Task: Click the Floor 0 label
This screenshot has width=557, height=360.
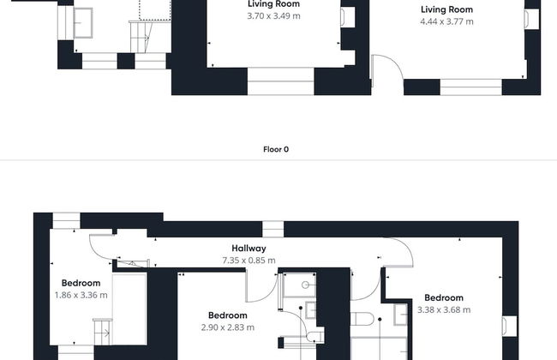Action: coord(276,149)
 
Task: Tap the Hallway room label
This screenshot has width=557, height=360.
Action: coord(249,248)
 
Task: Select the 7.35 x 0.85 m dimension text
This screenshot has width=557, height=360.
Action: coord(249,260)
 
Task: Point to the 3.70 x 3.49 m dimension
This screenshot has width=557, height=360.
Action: coord(273,15)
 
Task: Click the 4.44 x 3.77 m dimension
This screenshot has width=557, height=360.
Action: coord(446,21)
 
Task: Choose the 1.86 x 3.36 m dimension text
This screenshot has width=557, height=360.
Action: coord(81,295)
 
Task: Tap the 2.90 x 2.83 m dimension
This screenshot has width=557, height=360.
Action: coord(228,327)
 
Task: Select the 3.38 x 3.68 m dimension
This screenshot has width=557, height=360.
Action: coord(444,309)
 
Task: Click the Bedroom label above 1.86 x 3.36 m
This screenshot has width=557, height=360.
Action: coord(81,283)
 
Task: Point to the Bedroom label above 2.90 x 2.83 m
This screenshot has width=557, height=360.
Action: coord(228,315)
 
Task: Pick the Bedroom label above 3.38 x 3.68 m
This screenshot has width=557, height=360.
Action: coord(444,297)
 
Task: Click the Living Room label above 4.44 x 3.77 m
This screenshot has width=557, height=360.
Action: coord(446,9)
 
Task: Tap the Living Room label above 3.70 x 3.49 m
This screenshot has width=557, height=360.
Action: coord(273,4)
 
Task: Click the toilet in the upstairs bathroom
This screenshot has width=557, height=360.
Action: coord(362,319)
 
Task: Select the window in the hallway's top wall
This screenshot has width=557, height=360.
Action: coord(273,229)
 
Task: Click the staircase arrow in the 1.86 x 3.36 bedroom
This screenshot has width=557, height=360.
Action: coord(105,333)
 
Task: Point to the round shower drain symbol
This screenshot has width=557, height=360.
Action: coord(305,285)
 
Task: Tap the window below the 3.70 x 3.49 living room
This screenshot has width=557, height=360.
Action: coord(280,81)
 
